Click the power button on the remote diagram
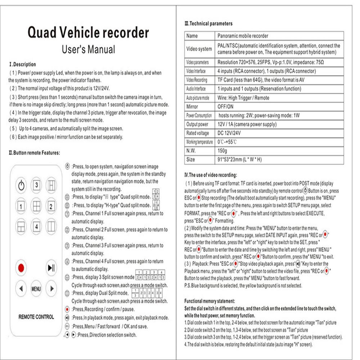click(21, 185)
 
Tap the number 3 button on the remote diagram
click(36, 185)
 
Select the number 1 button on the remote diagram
click(21, 206)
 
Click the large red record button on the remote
click(21, 268)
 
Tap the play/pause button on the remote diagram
click(51, 268)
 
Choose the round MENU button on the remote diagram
click(36, 289)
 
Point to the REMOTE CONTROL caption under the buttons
click(36, 317)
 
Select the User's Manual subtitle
click(88, 49)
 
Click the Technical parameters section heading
click(208, 24)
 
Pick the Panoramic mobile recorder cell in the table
click(243, 36)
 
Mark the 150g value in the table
click(222, 150)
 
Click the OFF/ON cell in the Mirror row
click(225, 107)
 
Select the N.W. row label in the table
click(191, 150)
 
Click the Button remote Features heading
click(34, 153)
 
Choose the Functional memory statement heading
click(210, 301)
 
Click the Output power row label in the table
click(197, 124)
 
